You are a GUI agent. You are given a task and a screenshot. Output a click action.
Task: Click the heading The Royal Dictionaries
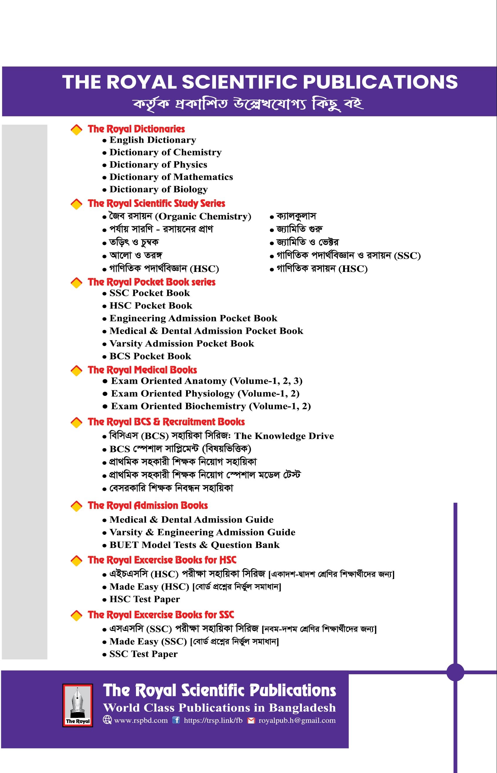coord(136,129)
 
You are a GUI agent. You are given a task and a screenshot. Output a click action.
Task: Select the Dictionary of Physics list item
coord(158,165)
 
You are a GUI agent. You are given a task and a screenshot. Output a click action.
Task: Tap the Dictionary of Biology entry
coord(159,189)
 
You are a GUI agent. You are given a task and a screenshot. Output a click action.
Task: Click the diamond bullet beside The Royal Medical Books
coord(76,371)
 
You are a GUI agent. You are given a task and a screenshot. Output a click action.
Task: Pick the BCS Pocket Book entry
coord(150,356)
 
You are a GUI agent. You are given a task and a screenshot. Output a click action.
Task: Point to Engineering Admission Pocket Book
coord(193,319)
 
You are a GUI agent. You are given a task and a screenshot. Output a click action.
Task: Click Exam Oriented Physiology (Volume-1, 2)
coord(205,394)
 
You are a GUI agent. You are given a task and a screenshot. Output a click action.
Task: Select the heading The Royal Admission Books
coord(147,505)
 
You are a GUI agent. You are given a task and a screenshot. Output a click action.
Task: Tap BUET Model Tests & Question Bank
coord(194,545)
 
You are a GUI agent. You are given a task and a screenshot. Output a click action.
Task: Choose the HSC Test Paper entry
coord(144,599)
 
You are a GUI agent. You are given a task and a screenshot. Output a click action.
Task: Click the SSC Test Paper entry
coord(143,654)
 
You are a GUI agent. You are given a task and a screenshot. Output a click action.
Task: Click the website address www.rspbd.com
coord(141,721)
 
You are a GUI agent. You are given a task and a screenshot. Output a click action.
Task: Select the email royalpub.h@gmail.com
coord(297,721)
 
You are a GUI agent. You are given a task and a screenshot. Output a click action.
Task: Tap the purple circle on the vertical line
coord(455,672)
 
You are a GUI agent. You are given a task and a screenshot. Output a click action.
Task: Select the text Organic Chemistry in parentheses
coord(203,217)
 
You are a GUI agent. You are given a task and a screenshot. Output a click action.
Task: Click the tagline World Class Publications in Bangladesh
coord(219,707)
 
